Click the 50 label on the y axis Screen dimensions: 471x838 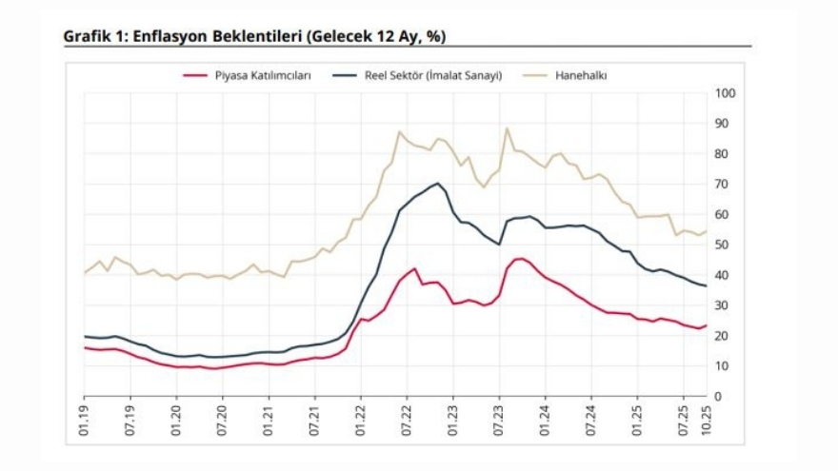click(x=724, y=245)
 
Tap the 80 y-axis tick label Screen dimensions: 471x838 click(x=724, y=154)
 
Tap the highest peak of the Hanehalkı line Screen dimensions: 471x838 click(x=507, y=128)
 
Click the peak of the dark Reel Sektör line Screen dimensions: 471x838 click(x=437, y=184)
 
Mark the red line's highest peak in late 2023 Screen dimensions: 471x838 click(x=520, y=258)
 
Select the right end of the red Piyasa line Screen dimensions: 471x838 click(x=706, y=325)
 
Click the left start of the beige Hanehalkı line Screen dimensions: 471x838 click(x=84, y=273)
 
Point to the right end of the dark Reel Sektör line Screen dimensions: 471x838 click(x=706, y=285)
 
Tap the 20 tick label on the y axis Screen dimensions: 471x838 click(x=724, y=336)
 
